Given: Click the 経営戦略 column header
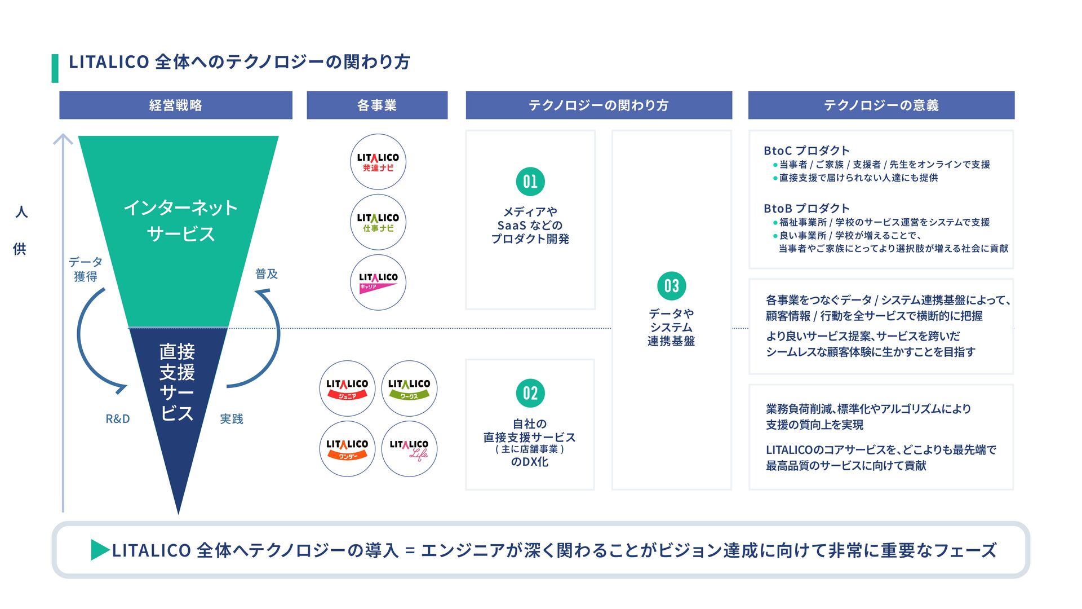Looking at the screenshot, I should point(175,105).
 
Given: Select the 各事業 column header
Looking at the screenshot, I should point(376,105).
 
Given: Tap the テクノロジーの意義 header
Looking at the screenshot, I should point(881,105).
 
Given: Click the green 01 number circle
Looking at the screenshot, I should point(530,182).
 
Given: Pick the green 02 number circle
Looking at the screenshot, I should point(530,393).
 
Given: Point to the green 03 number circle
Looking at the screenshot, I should point(671,286).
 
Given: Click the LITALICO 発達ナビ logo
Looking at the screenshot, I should point(378,162).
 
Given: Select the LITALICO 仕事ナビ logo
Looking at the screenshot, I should point(378,222).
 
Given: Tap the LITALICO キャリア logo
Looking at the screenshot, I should point(378,282).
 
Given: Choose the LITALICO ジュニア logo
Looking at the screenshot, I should point(347,389).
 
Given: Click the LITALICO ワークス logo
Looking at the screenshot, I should point(409,389).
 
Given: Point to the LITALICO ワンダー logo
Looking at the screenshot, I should point(347,449).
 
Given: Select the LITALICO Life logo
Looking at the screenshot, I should point(409,449).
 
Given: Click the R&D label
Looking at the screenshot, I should point(118,419).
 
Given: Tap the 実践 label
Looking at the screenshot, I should point(231,419).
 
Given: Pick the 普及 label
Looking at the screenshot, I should point(267,274).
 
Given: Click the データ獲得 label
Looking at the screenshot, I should point(86,269).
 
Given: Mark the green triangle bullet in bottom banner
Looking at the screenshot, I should point(100,550).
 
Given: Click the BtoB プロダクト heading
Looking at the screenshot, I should point(806,208).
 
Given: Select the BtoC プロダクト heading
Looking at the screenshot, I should point(806,151).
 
